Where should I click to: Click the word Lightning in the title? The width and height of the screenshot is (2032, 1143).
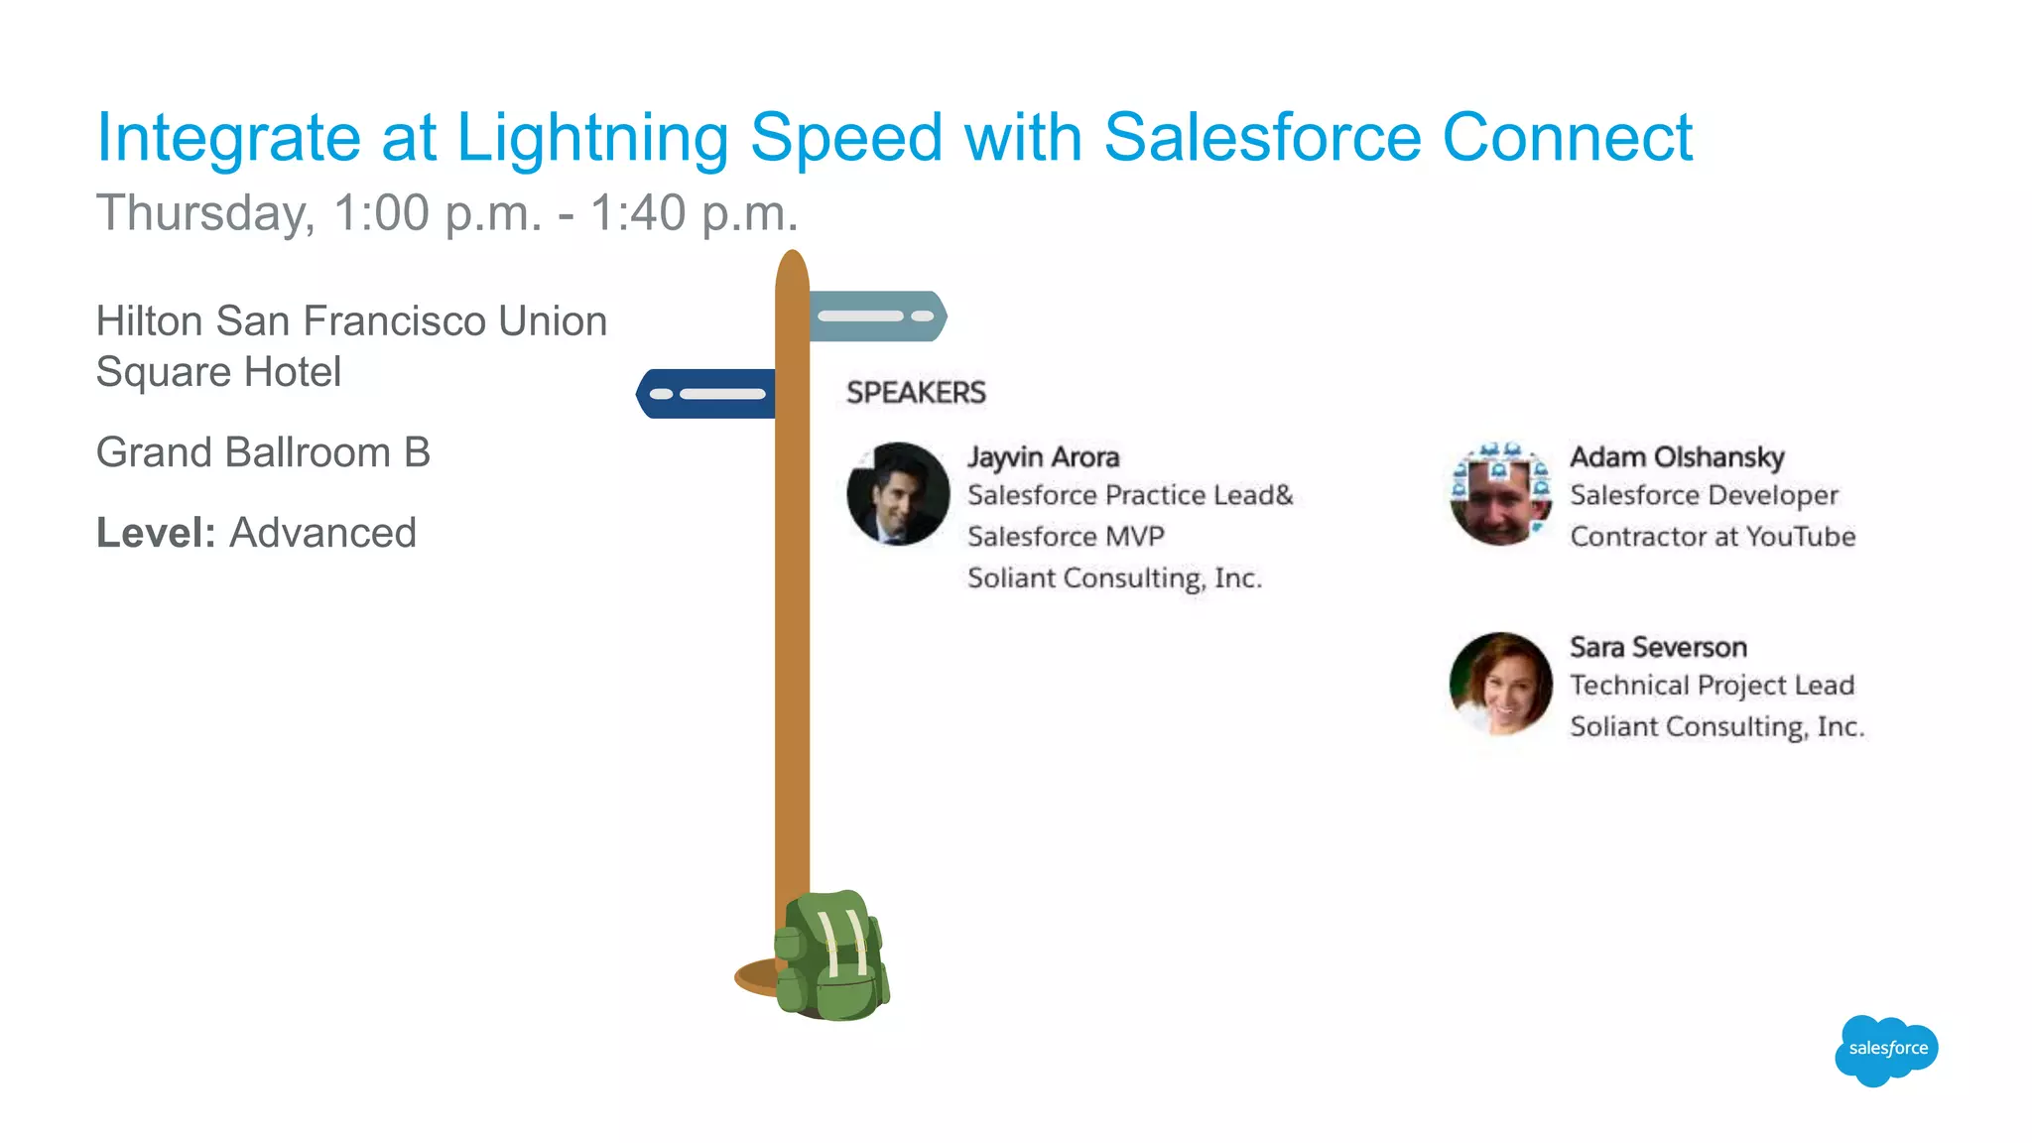tap(592, 138)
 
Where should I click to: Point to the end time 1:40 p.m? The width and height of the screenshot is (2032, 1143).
tap(695, 213)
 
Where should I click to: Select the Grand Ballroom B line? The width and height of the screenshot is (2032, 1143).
tap(263, 452)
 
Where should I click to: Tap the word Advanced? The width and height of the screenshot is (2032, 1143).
tap(323, 533)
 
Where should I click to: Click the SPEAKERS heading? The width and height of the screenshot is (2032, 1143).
tap(916, 393)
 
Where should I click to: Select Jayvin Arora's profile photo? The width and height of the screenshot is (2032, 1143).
tap(898, 494)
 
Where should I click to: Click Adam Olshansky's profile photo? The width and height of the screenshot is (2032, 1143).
tap(1500, 494)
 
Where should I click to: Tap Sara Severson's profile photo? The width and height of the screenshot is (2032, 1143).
tap(1500, 685)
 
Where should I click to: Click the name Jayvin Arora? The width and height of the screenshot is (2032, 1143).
tap(1043, 457)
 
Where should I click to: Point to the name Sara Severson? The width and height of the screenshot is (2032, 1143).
tap(1658, 648)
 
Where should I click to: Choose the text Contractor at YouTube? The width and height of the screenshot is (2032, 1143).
tap(1713, 537)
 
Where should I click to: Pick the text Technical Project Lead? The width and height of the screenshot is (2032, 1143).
tap(1712, 686)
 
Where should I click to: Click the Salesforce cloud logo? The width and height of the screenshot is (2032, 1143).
tap(1886, 1050)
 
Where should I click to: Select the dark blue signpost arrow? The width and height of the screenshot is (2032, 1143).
tap(706, 394)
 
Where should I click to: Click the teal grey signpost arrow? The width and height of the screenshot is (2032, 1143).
tap(877, 317)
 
